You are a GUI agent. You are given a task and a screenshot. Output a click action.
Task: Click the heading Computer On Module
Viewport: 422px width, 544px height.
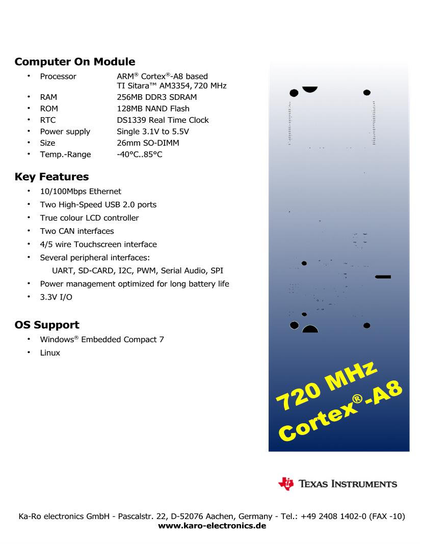click(75, 62)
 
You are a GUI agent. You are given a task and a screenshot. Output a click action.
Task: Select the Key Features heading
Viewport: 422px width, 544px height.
click(51, 177)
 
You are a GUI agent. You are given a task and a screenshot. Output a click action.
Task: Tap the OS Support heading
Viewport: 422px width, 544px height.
click(47, 325)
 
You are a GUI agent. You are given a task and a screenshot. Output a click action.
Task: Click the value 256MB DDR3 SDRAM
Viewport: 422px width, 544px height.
click(156, 97)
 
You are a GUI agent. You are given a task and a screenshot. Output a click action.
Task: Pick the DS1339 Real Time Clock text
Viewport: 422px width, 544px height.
click(163, 120)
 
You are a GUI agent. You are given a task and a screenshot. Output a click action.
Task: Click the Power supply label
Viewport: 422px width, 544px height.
click(65, 131)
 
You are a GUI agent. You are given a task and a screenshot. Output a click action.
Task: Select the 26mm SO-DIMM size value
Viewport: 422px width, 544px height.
click(148, 143)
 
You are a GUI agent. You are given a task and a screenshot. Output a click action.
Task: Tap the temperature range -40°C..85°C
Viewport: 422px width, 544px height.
click(140, 154)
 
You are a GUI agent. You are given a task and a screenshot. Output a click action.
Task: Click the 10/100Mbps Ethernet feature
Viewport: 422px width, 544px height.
click(81, 192)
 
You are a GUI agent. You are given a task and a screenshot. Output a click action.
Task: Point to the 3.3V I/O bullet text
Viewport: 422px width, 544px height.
click(56, 297)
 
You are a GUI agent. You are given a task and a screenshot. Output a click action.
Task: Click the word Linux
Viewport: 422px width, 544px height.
click(50, 352)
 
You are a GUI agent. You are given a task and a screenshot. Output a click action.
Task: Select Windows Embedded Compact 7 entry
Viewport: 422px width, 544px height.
click(102, 339)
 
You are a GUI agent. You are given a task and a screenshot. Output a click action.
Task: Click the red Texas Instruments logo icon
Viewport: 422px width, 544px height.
click(286, 483)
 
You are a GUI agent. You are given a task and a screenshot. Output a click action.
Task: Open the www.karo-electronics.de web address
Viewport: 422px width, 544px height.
click(212, 526)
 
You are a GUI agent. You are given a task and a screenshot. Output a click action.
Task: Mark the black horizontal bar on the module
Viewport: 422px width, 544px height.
click(383, 277)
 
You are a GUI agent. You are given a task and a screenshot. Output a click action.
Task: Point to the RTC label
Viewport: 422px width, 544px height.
click(48, 120)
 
